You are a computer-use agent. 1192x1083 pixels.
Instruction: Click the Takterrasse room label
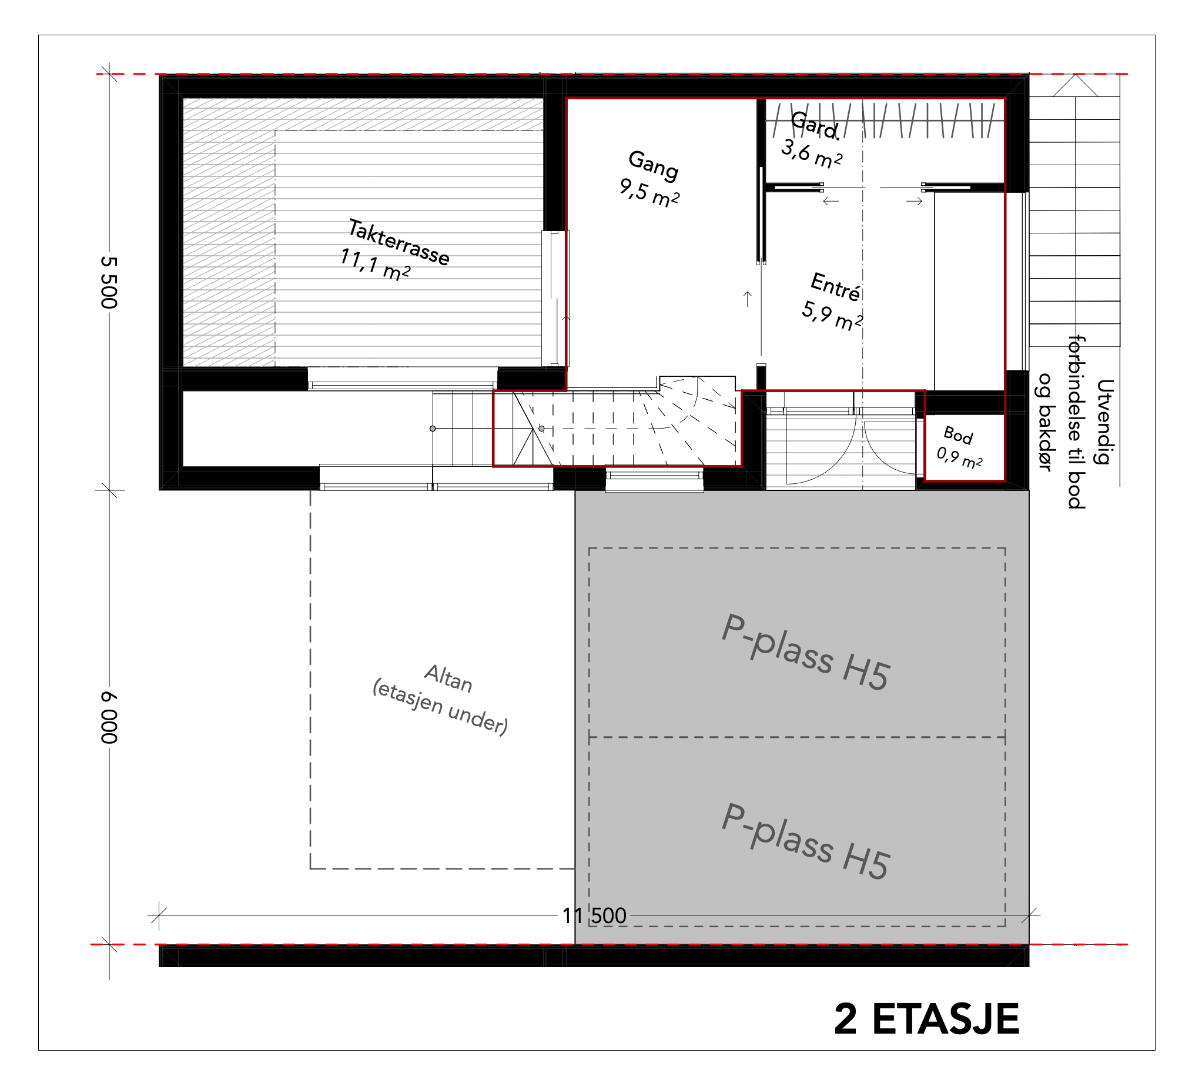(399, 242)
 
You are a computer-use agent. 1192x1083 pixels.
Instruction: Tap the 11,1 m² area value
(375, 265)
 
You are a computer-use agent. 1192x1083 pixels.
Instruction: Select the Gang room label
(653, 166)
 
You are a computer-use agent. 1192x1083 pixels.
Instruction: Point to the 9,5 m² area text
(649, 193)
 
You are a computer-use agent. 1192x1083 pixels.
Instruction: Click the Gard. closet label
(815, 125)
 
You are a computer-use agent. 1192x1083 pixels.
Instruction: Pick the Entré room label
(835, 287)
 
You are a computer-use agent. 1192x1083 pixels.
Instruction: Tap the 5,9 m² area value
(832, 316)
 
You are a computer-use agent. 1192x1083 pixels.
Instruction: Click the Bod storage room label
(958, 435)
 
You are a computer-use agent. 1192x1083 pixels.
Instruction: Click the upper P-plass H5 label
(805, 652)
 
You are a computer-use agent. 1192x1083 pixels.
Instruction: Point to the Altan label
(448, 678)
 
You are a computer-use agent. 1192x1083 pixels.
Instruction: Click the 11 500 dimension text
(594, 915)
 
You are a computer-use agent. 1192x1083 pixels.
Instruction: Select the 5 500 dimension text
(109, 282)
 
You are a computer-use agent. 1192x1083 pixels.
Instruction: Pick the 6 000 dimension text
(109, 717)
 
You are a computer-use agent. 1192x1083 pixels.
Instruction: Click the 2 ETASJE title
(926, 1019)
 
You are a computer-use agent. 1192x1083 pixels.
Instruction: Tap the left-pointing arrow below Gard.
(831, 201)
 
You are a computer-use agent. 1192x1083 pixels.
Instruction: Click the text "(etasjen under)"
(440, 707)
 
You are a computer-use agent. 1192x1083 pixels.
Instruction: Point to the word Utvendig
(1105, 422)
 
